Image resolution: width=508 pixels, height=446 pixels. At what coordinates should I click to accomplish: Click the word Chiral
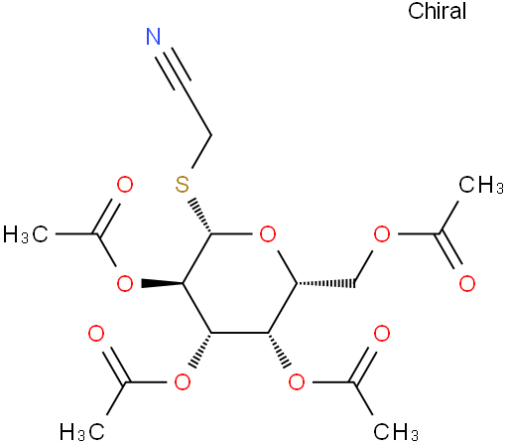(x=437, y=11)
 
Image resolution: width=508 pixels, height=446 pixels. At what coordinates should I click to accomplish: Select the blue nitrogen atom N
(x=154, y=37)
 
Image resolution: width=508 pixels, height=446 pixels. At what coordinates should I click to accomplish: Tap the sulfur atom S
(x=183, y=185)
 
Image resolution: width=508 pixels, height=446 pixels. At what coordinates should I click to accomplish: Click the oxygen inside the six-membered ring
(x=268, y=234)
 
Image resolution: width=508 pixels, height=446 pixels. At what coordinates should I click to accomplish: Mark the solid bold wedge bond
(x=162, y=283)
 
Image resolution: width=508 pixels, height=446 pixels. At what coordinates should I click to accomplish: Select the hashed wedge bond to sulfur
(x=201, y=216)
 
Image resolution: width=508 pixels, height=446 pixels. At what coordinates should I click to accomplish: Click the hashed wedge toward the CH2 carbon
(x=325, y=283)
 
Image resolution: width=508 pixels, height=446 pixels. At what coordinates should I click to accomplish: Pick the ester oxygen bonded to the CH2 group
(x=382, y=234)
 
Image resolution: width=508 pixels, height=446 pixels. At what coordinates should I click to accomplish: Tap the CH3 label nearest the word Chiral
(x=481, y=185)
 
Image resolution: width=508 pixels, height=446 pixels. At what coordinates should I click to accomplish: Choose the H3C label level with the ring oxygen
(x=26, y=234)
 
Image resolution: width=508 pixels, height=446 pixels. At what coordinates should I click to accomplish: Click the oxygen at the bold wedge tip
(x=125, y=284)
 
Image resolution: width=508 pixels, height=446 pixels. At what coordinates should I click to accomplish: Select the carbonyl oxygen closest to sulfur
(x=125, y=185)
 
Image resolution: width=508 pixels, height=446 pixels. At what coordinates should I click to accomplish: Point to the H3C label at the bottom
(x=82, y=432)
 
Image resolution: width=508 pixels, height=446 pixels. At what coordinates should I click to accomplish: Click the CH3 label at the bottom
(x=396, y=432)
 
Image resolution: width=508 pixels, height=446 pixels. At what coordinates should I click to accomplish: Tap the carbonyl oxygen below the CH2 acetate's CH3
(x=467, y=284)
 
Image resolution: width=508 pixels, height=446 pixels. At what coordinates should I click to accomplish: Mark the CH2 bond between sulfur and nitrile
(x=201, y=151)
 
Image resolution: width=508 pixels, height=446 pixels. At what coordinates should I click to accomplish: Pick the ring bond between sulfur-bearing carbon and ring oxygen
(x=232, y=234)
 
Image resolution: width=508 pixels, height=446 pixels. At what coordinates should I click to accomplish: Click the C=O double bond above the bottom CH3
(x=365, y=365)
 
